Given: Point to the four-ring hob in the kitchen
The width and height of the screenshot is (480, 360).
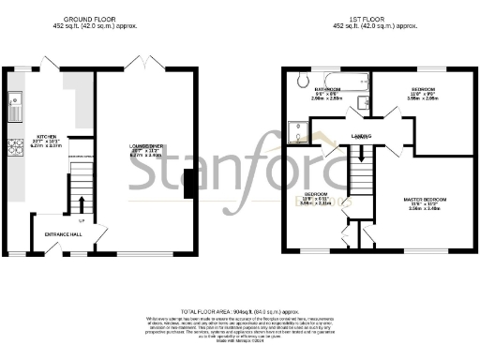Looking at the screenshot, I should point(15,146).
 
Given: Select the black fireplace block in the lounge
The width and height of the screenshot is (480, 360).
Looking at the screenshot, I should point(190,184).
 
